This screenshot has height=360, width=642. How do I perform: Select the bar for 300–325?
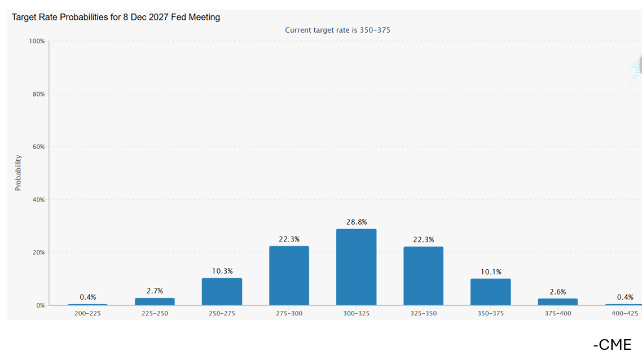pos(356,267)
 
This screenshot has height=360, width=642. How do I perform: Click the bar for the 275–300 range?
pos(289,275)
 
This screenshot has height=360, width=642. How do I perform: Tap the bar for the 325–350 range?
pos(423,276)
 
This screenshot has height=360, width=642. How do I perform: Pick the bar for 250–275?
pos(222,291)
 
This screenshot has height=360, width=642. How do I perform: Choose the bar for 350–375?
pos(490,292)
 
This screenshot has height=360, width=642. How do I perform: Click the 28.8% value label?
pos(356,222)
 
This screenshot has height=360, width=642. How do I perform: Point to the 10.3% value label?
pos(222,271)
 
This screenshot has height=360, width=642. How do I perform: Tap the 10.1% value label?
pos(491,272)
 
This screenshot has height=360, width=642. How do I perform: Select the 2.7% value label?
pos(155,291)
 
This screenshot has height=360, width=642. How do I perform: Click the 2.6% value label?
pos(557,292)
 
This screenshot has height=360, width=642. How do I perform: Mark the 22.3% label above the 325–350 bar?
pos(423,240)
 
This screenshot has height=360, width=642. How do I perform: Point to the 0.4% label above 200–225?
pos(87,297)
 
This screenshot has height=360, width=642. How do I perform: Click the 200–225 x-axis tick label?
pos(87,313)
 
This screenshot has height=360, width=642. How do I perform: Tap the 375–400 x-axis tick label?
pos(557,313)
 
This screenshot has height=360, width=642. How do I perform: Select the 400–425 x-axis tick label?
pos(625,313)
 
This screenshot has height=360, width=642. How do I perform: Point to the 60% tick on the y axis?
pos(38,147)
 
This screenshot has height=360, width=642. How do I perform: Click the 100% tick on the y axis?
pos(37,41)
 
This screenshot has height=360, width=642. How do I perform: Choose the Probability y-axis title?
pos(18,173)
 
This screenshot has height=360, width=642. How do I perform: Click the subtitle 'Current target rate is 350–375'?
pos(337,30)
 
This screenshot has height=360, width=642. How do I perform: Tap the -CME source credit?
pos(612,344)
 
